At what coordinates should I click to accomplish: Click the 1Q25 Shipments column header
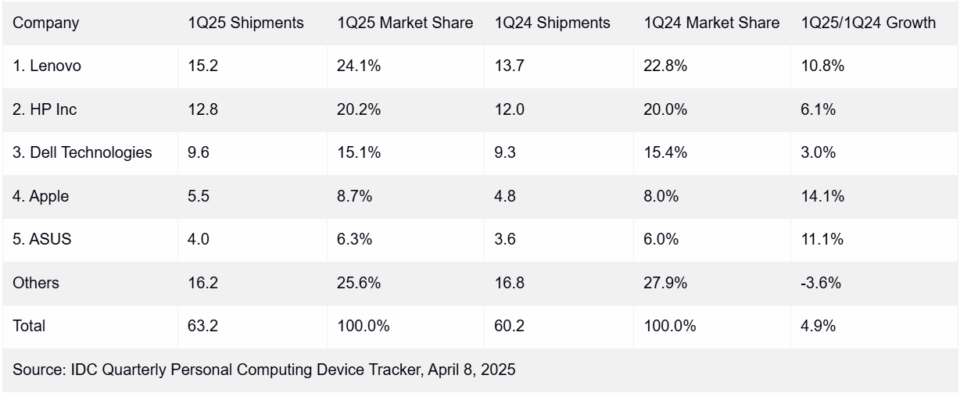(x=245, y=23)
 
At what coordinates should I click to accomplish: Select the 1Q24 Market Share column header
(x=711, y=23)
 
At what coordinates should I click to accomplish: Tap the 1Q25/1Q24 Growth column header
(x=869, y=23)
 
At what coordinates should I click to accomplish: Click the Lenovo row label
(x=47, y=66)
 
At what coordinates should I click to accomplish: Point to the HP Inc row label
(x=45, y=110)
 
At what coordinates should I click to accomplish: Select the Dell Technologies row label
(x=82, y=153)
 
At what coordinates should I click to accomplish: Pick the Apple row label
(x=41, y=197)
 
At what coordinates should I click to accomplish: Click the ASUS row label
(x=42, y=240)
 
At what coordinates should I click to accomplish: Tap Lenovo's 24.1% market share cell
(x=359, y=66)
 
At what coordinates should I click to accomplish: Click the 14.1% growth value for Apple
(x=822, y=197)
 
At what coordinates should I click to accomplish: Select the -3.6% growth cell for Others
(x=821, y=283)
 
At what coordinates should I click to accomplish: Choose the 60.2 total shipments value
(x=509, y=327)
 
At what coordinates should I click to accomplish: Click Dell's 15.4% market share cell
(x=665, y=153)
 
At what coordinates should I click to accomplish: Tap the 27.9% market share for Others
(x=665, y=283)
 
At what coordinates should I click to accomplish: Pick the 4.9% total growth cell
(x=819, y=327)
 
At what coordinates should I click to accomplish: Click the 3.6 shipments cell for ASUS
(x=505, y=240)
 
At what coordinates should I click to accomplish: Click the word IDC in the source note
(x=81, y=370)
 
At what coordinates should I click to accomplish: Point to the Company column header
(x=46, y=23)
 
